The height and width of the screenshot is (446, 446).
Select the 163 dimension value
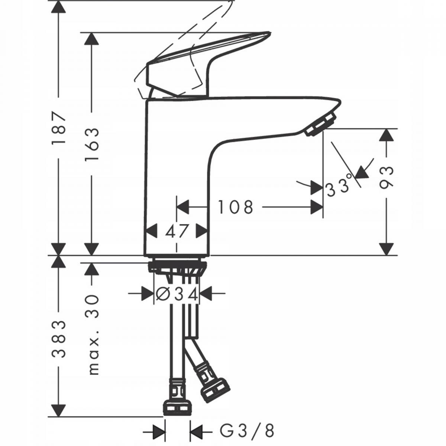pyautogui.click(x=91, y=144)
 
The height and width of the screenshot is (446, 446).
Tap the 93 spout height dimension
pyautogui.click(x=387, y=178)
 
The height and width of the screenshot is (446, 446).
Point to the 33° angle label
pyautogui.click(x=338, y=185)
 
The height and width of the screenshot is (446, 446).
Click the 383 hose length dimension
pyautogui.click(x=58, y=339)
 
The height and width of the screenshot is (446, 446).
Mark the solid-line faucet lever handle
pyautogui.click(x=208, y=63)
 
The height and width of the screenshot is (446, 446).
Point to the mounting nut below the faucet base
pyautogui.click(x=177, y=267)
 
